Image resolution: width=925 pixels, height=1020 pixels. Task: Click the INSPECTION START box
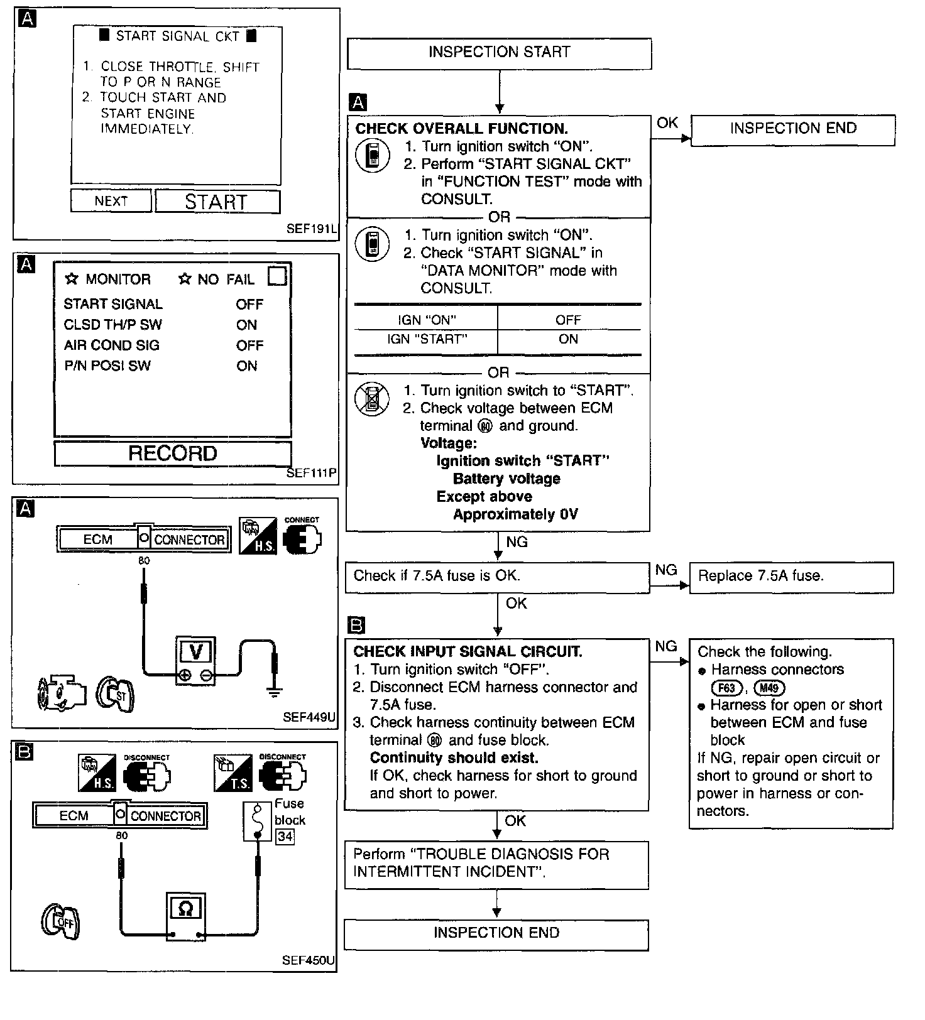[499, 53]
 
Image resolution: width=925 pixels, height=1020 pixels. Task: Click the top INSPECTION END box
[792, 129]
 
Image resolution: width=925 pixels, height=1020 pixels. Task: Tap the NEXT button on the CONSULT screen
[111, 202]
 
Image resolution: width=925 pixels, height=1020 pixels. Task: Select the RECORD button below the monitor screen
[173, 453]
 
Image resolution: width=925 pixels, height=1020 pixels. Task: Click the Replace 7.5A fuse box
[791, 577]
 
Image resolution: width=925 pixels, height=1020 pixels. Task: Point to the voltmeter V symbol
[195, 653]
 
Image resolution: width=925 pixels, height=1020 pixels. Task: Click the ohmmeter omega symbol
[185, 908]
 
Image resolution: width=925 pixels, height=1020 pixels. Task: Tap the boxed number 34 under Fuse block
[285, 837]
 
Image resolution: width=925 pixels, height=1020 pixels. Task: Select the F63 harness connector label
[726, 688]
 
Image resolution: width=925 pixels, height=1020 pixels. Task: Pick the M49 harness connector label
[769, 688]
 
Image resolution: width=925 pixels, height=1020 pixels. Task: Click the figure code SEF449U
[309, 717]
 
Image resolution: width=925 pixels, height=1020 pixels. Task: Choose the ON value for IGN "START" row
[568, 340]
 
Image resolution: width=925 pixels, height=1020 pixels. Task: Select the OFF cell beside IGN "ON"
[568, 320]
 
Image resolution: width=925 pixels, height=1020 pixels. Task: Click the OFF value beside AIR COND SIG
[249, 345]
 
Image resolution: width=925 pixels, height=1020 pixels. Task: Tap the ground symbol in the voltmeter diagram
[274, 693]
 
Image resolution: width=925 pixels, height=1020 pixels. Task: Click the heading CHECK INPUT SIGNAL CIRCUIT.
[468, 652]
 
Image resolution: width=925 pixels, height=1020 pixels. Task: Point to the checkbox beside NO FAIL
[277, 276]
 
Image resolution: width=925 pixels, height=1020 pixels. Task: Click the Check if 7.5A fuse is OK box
[496, 577]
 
